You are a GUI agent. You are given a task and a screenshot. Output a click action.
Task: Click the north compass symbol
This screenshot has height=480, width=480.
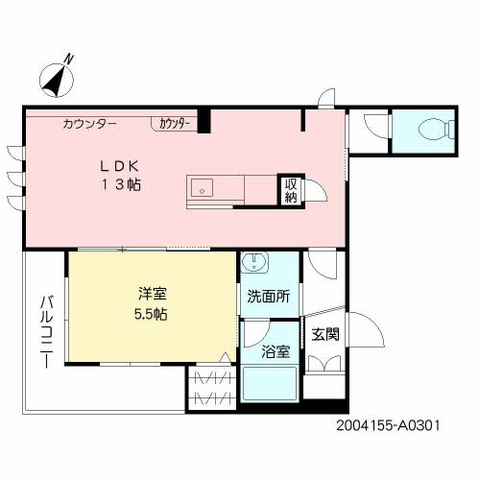(57, 80)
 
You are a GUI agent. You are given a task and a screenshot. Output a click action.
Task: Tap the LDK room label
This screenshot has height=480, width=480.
(120, 166)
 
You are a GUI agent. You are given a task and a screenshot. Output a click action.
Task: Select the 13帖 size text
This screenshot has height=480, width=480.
(121, 184)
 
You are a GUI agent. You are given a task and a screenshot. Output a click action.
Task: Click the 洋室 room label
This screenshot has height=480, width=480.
(153, 294)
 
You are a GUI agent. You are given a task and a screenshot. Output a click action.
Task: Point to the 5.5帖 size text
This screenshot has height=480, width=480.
(151, 314)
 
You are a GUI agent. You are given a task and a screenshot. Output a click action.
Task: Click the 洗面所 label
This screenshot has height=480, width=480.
(269, 297)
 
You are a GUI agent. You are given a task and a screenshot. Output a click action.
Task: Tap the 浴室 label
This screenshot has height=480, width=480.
(276, 351)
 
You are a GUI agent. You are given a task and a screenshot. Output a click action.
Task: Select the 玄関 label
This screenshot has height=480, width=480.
(325, 334)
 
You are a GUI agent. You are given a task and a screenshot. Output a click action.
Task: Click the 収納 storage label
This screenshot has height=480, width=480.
(291, 191)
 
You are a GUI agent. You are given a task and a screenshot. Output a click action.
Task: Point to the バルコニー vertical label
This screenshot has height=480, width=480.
(47, 332)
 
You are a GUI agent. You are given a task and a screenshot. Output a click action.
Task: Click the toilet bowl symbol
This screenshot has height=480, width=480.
(436, 130)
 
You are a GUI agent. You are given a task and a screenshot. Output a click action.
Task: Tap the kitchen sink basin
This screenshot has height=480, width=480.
(202, 188)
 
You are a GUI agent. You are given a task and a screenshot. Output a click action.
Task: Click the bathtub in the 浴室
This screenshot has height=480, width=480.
(270, 383)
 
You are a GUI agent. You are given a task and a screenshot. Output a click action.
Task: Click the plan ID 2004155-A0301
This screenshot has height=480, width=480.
(388, 425)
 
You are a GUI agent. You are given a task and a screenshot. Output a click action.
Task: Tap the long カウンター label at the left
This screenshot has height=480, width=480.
(90, 124)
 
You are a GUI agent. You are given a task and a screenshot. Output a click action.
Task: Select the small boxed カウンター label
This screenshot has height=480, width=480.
(175, 124)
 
